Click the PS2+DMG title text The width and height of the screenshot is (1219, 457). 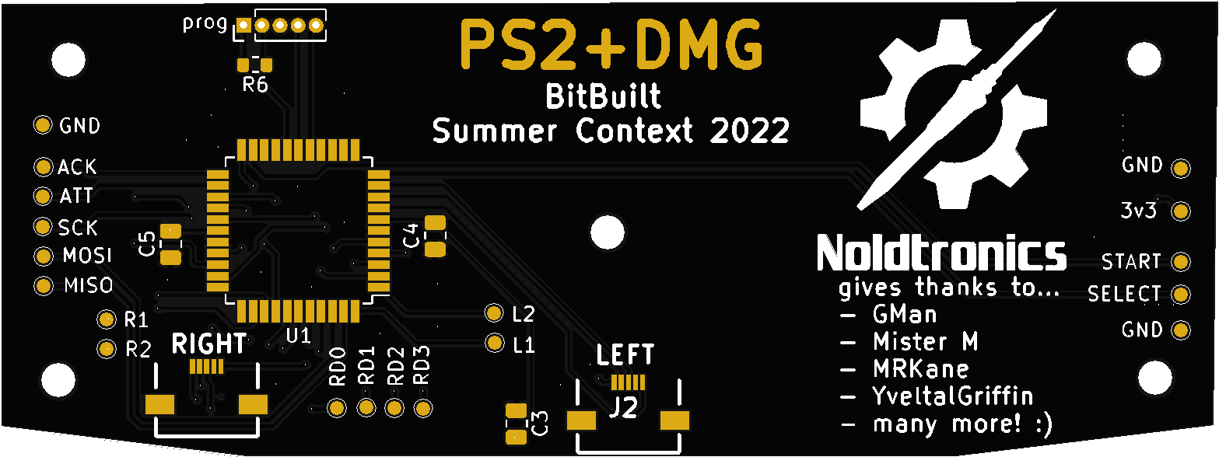tap(611, 44)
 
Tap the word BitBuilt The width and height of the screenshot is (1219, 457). tap(603, 96)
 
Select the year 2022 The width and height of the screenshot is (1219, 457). tap(749, 131)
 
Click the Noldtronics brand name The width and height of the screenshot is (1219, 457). tap(941, 253)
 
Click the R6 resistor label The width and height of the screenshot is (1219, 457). tap(255, 84)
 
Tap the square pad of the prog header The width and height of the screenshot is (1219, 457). tap(243, 25)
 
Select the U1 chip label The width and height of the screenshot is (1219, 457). tap(298, 337)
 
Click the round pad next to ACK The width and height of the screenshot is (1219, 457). tap(43, 167)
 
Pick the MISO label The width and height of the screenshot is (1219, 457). tap(89, 285)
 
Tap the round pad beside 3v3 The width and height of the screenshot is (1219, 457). tap(1181, 211)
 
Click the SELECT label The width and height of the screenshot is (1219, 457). tap(1124, 294)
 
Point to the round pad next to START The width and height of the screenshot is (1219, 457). tap(1181, 262)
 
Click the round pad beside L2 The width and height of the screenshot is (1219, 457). tap(494, 313)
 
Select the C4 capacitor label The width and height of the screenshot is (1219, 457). tap(411, 235)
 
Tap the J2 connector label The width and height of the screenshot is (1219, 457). tap(624, 407)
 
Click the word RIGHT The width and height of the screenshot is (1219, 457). tap(209, 344)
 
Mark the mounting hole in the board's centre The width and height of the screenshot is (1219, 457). tap(608, 232)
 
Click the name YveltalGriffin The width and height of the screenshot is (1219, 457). tap(953, 396)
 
